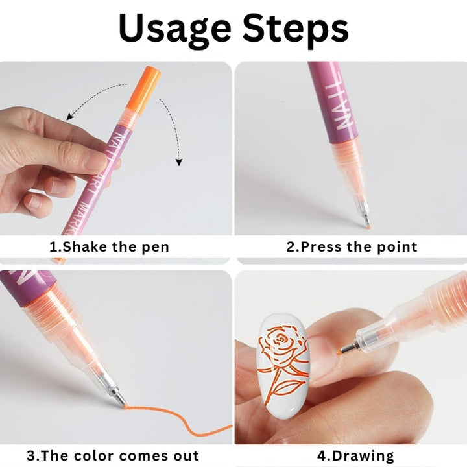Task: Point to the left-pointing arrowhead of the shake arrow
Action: pyautogui.click(x=69, y=117)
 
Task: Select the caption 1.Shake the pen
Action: pyautogui.click(x=109, y=247)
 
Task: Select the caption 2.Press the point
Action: pyautogui.click(x=352, y=247)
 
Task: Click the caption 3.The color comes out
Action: pyautogui.click(x=113, y=455)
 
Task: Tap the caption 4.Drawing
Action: pyautogui.click(x=356, y=455)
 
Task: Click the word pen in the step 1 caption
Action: pyautogui.click(x=156, y=248)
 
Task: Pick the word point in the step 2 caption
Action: pyautogui.click(x=396, y=247)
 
